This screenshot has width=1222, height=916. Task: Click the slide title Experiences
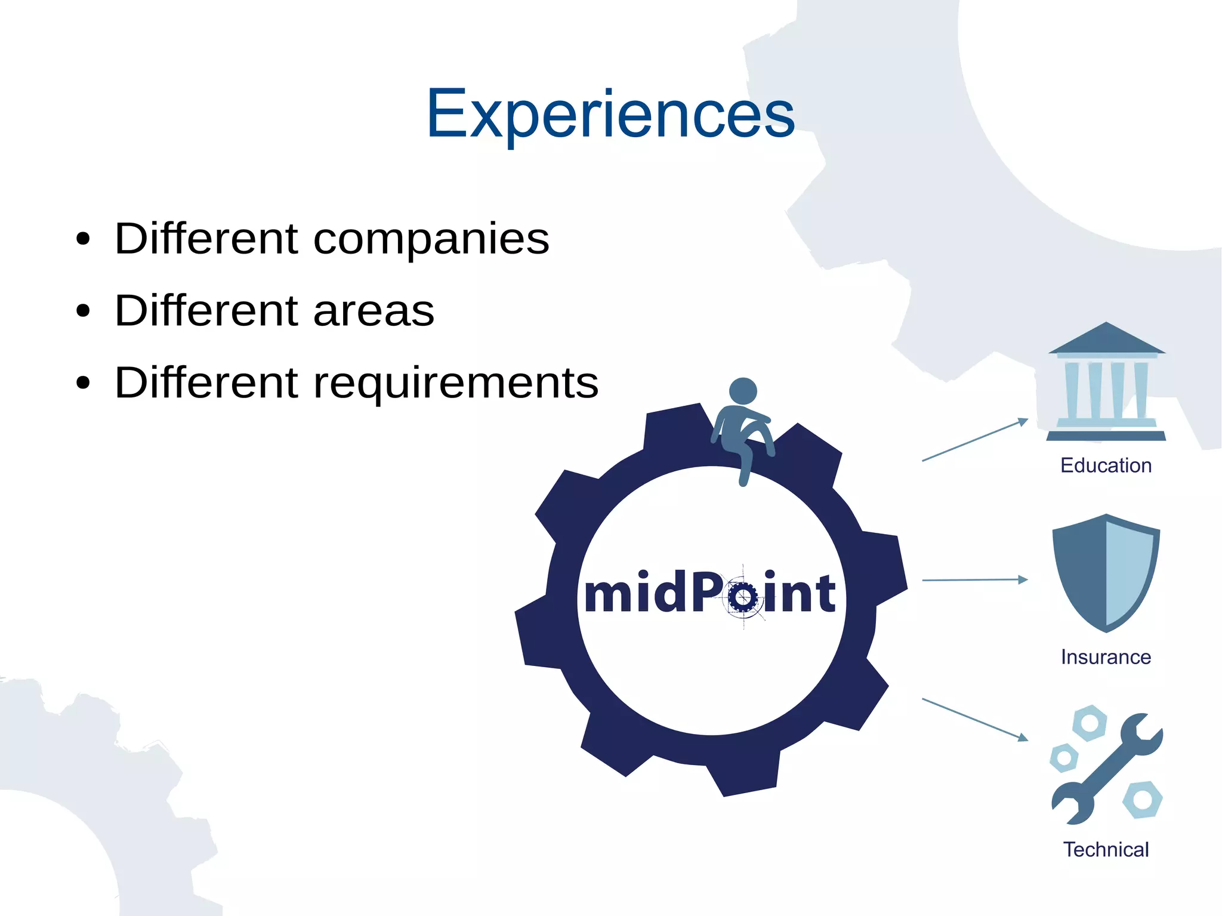(610, 113)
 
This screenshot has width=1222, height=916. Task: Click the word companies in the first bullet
(431, 239)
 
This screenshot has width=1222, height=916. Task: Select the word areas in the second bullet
(374, 311)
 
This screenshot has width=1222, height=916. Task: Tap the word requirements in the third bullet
(456, 383)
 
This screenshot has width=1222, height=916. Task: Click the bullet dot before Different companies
(83, 240)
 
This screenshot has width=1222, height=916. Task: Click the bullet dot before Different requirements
(83, 384)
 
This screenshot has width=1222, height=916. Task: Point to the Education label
(1106, 465)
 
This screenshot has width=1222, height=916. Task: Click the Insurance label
(1106, 657)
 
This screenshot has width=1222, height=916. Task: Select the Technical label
(1106, 849)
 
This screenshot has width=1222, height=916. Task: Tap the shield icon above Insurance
(1106, 573)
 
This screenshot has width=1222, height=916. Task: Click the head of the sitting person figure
(743, 391)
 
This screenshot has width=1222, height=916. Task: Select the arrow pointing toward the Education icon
(975, 440)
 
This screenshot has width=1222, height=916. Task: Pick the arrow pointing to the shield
(975, 579)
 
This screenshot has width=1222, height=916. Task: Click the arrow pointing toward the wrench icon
(975, 719)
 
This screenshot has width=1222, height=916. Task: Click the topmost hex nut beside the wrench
(1089, 723)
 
